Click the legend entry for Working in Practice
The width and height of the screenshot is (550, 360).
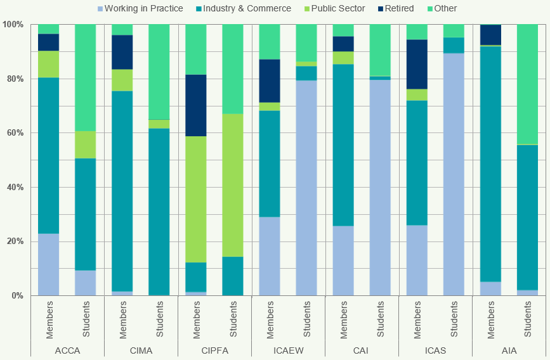tap(143, 8)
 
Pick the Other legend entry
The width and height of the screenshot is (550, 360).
tap(444, 8)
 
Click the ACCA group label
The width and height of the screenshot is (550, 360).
tap(67, 350)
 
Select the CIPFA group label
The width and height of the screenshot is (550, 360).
tap(214, 350)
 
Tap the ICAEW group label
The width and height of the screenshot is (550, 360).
tap(288, 350)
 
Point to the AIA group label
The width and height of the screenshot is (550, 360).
tap(509, 350)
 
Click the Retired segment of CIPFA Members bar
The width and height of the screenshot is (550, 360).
tap(196, 105)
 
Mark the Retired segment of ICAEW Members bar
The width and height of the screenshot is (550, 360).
tap(270, 80)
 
